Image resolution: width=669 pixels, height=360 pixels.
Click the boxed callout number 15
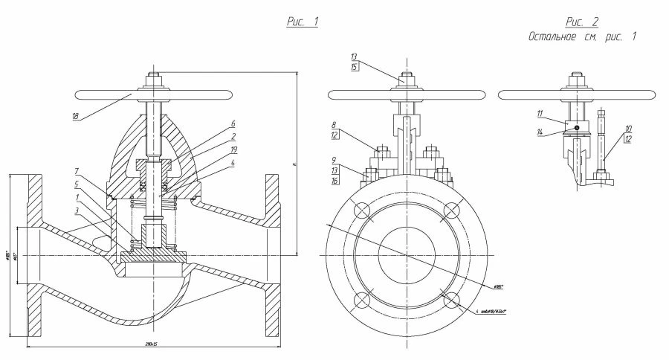click(x=355, y=67)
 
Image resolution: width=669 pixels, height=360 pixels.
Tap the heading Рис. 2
click(x=581, y=22)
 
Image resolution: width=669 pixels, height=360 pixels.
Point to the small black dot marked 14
click(x=577, y=127)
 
